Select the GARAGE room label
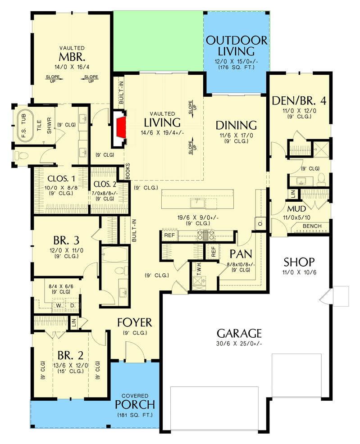click(x=239, y=334)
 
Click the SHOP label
click(x=299, y=262)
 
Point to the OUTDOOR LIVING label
click(x=237, y=45)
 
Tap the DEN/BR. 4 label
click(x=299, y=100)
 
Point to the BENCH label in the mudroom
click(x=312, y=226)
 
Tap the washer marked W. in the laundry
click(x=59, y=305)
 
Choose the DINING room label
click(x=236, y=125)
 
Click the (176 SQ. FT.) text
click(x=237, y=68)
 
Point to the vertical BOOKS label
click(x=128, y=172)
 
